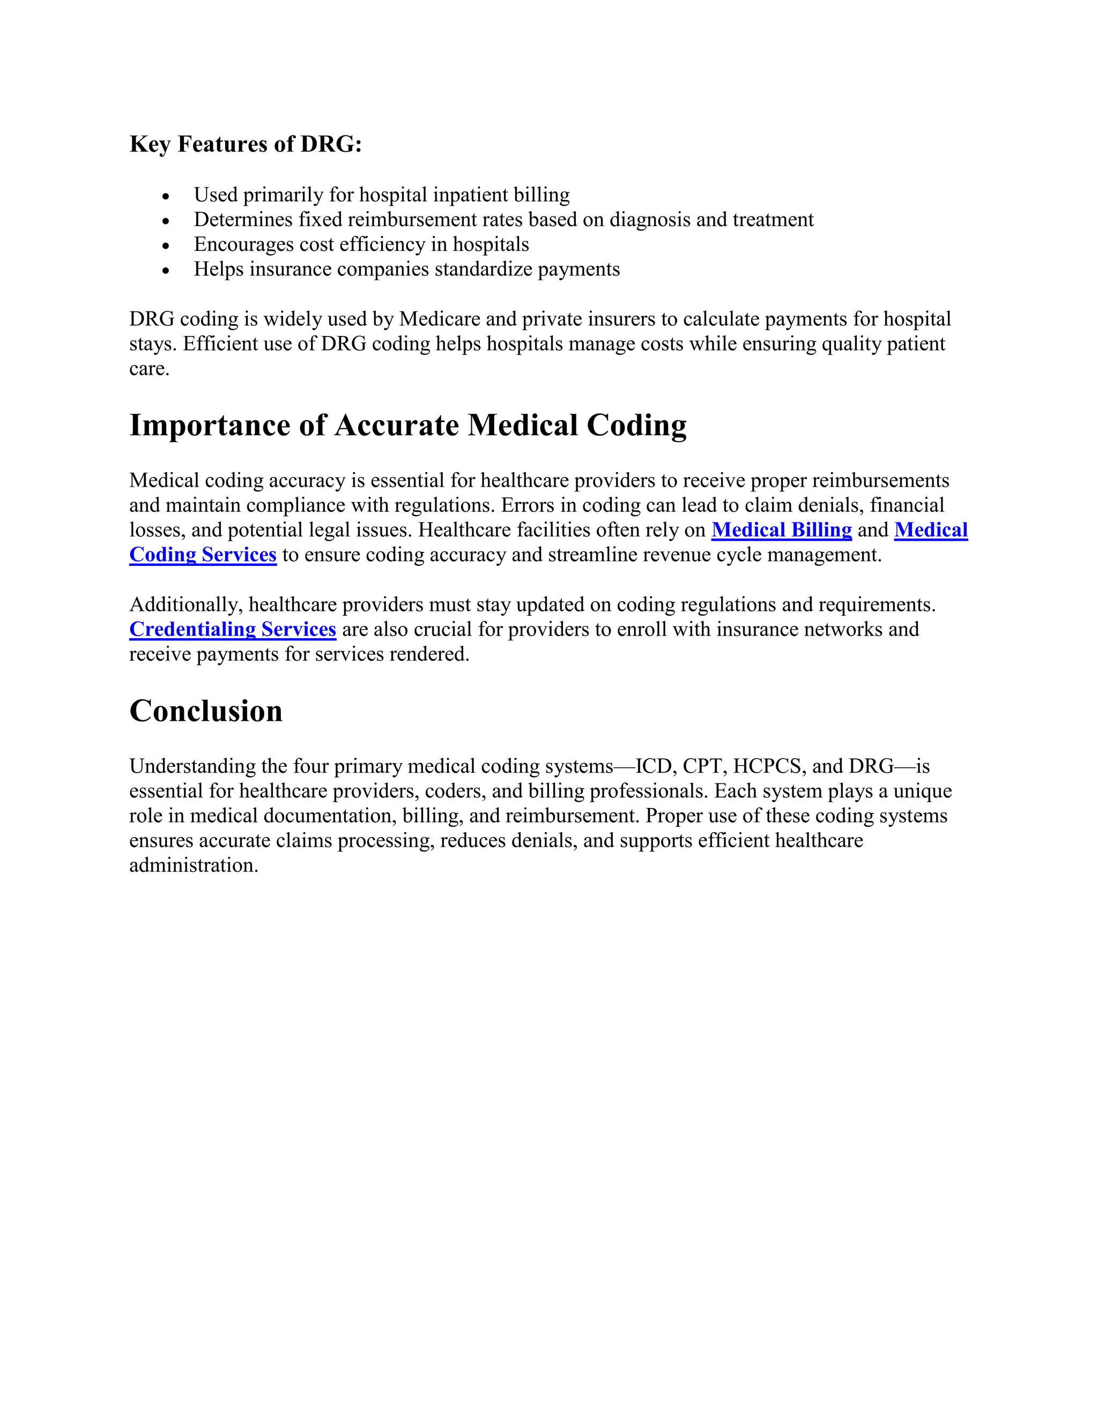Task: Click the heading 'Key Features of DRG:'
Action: coord(245,144)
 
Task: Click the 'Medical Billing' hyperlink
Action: coord(781,530)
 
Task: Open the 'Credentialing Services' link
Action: coord(232,630)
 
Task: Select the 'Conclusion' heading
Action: coord(205,711)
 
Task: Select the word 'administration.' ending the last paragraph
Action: coord(194,865)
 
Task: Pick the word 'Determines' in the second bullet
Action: coord(243,220)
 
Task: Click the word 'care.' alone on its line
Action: coord(149,369)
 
